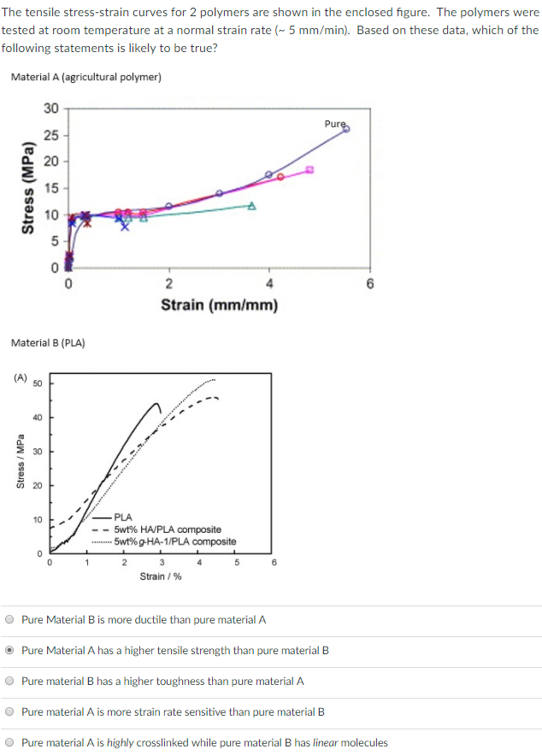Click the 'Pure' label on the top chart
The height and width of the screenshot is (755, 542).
(x=334, y=124)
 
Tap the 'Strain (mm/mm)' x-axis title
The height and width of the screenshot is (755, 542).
(x=219, y=305)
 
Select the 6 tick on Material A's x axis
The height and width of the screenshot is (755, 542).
(x=369, y=284)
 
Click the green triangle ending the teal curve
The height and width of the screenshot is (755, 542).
(x=252, y=205)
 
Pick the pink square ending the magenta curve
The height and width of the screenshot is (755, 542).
(x=310, y=169)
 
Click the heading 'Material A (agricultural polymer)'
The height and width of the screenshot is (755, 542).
(x=86, y=77)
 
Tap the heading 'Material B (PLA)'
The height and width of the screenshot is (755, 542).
(x=48, y=342)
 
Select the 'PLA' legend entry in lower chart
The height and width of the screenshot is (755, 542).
(x=123, y=518)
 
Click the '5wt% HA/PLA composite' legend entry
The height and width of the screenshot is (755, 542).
(x=168, y=530)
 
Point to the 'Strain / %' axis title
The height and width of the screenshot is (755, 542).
(x=161, y=576)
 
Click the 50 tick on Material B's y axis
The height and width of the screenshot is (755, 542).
(x=38, y=383)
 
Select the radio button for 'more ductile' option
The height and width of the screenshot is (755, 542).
(x=9, y=620)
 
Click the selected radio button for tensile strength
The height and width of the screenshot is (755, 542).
(x=9, y=651)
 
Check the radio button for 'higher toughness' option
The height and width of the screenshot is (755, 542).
(x=9, y=682)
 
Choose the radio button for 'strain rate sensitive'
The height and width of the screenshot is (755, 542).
(x=9, y=712)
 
